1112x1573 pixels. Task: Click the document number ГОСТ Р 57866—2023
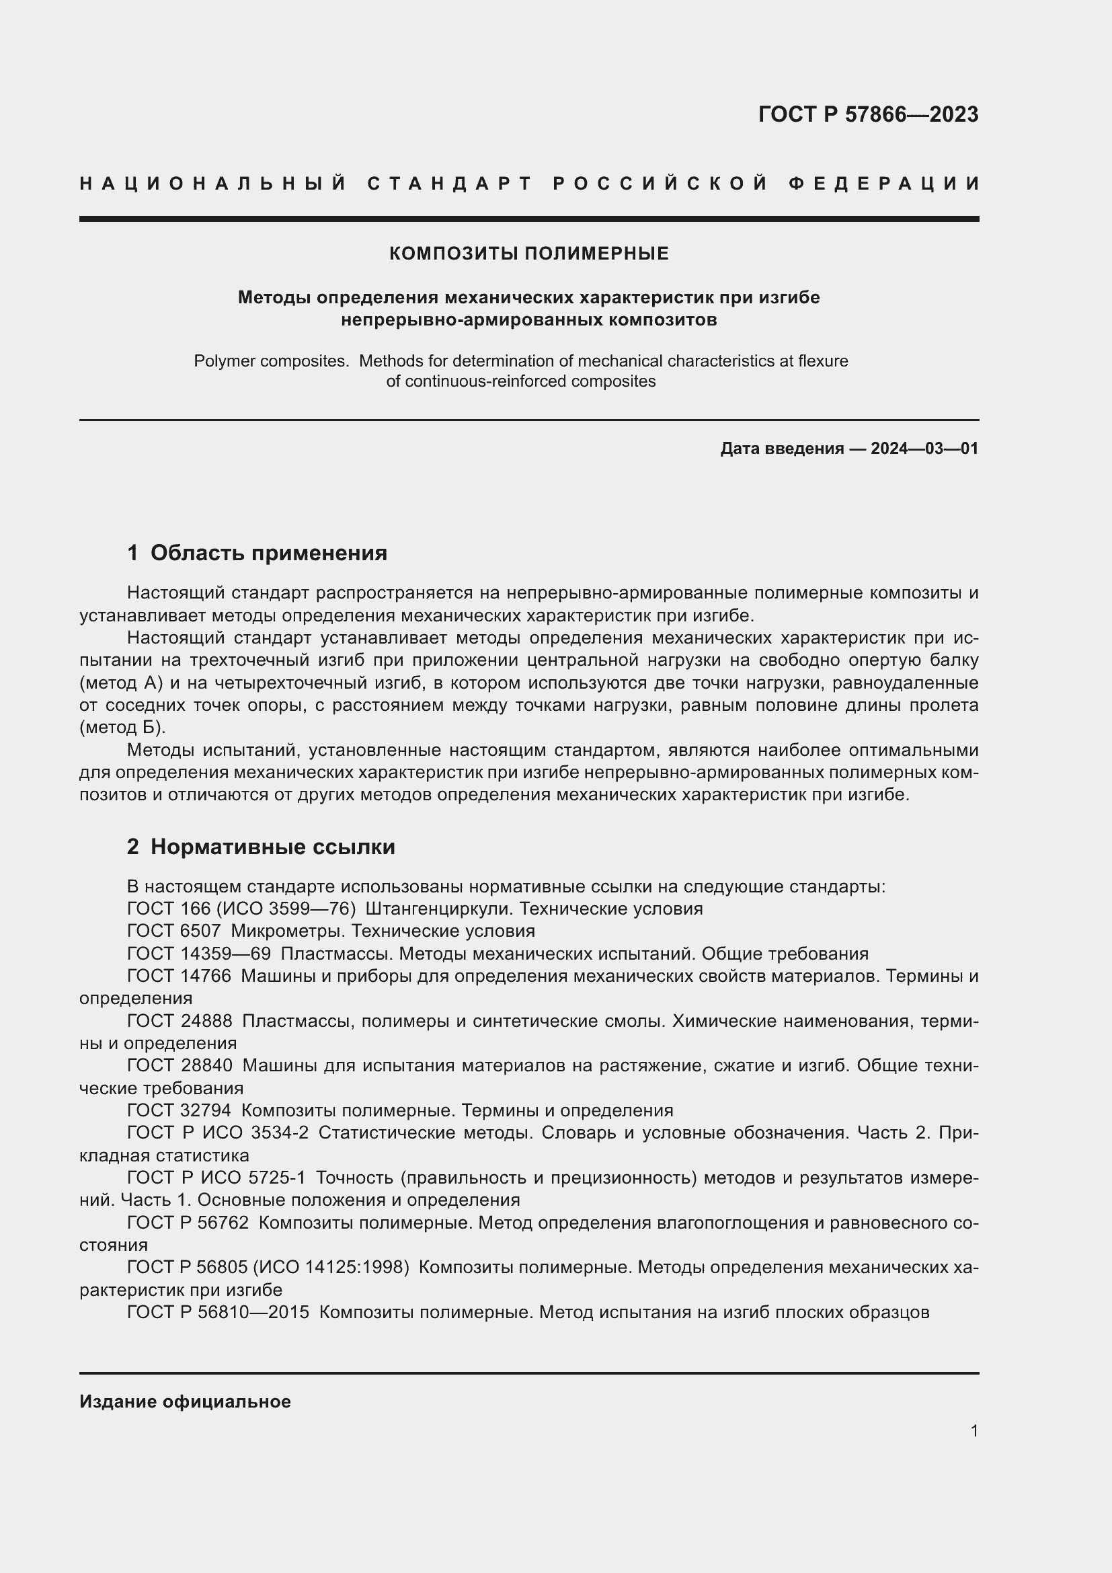[867, 114]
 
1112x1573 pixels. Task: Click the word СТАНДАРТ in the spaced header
[450, 184]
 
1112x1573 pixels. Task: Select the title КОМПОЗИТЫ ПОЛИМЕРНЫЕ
[528, 254]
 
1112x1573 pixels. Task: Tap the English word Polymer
[223, 361]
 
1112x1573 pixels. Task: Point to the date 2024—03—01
[924, 449]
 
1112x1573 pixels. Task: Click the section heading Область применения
[268, 553]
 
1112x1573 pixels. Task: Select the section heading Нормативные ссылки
[272, 847]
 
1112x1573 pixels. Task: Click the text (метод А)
[121, 683]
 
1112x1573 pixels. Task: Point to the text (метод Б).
[122, 728]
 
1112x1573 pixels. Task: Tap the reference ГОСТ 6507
[174, 931]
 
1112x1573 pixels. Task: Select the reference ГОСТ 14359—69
[198, 954]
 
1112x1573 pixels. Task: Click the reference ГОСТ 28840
[180, 1066]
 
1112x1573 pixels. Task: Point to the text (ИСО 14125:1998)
[331, 1268]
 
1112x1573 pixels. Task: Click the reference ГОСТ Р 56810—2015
[218, 1313]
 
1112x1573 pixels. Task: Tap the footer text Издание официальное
[185, 1402]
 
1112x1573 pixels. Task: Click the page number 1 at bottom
[974, 1430]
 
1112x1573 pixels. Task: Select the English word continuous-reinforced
[476, 381]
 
